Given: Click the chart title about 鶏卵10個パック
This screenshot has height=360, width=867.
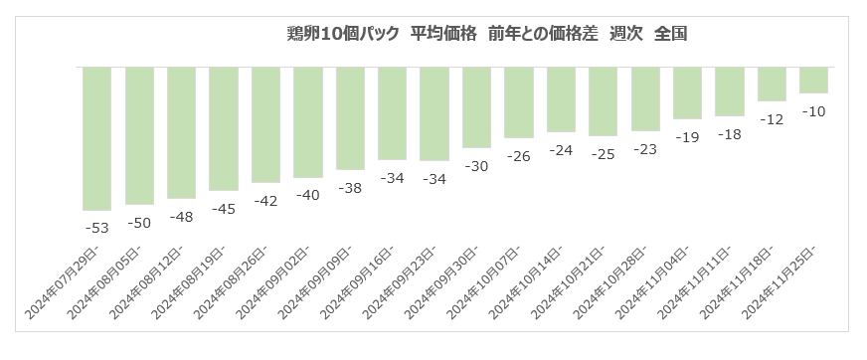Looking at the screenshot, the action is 486,34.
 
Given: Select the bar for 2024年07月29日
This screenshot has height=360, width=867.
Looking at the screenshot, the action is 96,139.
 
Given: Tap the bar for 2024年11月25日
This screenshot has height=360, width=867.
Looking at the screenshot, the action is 813,81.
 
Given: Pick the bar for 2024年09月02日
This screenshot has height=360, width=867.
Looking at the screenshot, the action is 308,122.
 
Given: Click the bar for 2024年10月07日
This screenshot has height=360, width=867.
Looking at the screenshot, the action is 519,102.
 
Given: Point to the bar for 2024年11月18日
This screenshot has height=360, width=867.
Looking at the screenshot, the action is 772,85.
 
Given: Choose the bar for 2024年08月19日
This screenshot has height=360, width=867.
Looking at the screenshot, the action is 224,129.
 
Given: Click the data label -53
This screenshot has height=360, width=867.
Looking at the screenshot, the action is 96,228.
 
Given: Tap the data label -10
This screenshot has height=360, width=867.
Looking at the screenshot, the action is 813,111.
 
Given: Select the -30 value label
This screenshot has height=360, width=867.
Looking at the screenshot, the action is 476,166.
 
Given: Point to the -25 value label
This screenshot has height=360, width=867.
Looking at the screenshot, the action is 603,155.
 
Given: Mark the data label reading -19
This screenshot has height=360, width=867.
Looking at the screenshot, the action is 687,137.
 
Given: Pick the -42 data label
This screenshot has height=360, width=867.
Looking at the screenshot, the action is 265,201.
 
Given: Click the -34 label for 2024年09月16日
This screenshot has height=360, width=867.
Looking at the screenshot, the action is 392,178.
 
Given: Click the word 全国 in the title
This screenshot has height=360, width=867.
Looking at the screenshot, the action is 671,34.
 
